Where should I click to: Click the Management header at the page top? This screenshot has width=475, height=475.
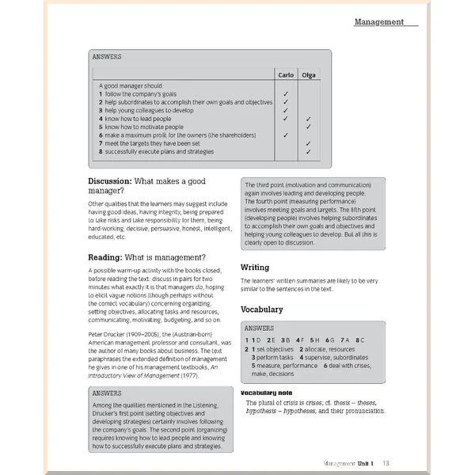(378, 22)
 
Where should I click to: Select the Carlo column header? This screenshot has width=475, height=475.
(285, 75)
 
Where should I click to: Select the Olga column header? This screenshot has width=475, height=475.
(308, 75)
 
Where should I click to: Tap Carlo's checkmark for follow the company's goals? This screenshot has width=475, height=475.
(285, 93)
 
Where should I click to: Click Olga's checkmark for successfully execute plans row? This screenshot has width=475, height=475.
(308, 152)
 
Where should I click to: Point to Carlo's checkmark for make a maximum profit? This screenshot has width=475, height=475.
(285, 135)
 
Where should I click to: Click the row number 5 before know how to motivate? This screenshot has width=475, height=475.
(101, 127)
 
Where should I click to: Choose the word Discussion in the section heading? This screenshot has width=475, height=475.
(108, 181)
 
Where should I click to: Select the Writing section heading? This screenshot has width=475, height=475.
(255, 268)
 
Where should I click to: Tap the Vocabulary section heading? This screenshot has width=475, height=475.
(261, 309)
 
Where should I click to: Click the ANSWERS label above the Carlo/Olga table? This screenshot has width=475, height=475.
(106, 58)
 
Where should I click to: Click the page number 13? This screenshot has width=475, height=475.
(386, 463)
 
